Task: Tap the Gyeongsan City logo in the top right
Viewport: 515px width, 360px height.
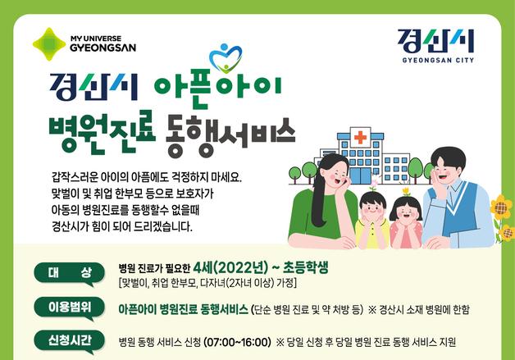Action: click(x=436, y=46)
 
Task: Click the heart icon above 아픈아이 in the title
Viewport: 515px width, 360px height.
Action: click(x=226, y=58)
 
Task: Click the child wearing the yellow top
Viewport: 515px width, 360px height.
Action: click(x=373, y=215)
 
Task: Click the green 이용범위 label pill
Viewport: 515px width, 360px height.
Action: click(x=70, y=308)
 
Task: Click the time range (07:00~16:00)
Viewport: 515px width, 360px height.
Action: click(x=231, y=342)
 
